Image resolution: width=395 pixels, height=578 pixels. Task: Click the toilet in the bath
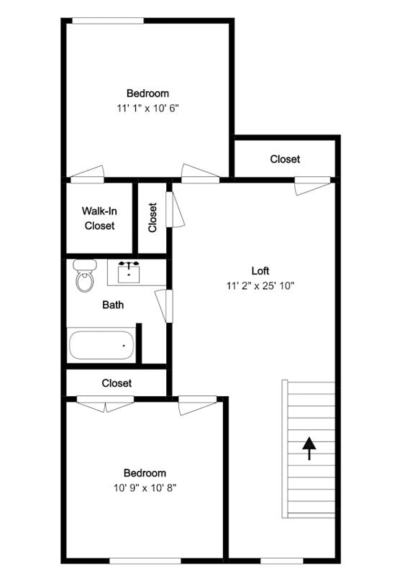coord(85,276)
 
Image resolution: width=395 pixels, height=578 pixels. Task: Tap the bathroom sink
coord(130,272)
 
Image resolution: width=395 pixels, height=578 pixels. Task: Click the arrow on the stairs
coord(309,449)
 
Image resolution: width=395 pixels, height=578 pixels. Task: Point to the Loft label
coord(260,271)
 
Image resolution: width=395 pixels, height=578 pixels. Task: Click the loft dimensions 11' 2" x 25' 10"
coord(260,285)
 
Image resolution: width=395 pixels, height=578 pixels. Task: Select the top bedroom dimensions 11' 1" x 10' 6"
coord(147,108)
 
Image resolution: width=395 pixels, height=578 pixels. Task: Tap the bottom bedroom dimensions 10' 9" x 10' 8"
coord(145,487)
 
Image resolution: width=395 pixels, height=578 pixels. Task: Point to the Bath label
coord(113,305)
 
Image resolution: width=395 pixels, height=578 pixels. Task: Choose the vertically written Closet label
coord(153,217)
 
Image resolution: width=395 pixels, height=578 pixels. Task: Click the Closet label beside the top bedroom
coord(285,159)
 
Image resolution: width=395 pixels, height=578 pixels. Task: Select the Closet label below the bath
coord(117,383)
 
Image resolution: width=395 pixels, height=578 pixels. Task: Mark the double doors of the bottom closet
coord(105,403)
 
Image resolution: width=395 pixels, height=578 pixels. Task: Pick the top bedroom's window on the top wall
coord(107,20)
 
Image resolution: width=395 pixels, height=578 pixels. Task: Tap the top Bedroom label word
coord(147,93)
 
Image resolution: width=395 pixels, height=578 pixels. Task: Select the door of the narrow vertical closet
coord(175,209)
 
